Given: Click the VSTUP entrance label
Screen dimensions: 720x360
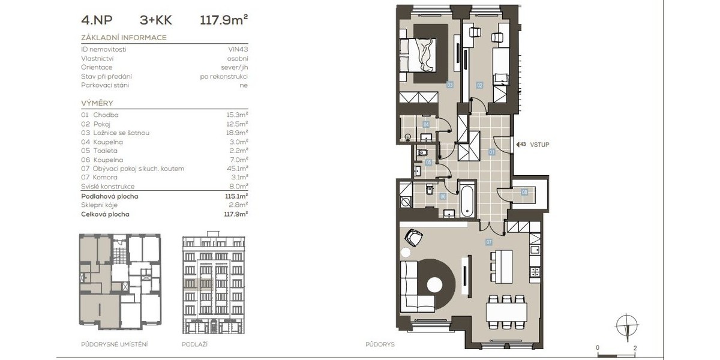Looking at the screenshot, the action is click(539, 145).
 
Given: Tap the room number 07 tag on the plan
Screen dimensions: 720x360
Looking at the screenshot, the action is click(488, 242).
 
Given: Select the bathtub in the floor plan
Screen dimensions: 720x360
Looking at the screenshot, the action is click(467, 201).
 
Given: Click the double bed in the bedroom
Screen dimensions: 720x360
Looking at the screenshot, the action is click(418, 55).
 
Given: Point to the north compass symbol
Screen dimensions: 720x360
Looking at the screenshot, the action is click(626, 326).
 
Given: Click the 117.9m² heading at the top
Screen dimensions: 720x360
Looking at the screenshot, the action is click(224, 20).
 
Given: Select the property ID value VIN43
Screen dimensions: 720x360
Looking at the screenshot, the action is click(238, 49).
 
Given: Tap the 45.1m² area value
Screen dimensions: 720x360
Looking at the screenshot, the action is click(237, 168).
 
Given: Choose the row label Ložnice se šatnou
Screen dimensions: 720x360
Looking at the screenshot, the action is click(121, 133).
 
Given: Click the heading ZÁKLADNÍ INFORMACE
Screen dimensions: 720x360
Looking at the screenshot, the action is click(124, 38).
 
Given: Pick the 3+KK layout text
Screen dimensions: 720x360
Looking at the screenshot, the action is click(156, 20).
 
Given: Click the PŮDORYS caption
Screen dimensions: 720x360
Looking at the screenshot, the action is click(380, 344).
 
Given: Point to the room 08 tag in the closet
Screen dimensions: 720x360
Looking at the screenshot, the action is click(524, 193).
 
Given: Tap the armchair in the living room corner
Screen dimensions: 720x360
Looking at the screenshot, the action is click(413, 237).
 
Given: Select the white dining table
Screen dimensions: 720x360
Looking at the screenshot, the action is click(506, 311).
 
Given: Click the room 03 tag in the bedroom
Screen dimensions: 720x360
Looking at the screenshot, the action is click(449, 85).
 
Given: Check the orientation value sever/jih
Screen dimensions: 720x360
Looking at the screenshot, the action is click(235, 67).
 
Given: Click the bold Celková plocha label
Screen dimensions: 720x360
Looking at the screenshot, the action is click(105, 214).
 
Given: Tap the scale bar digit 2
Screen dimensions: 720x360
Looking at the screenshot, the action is click(635, 348).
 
